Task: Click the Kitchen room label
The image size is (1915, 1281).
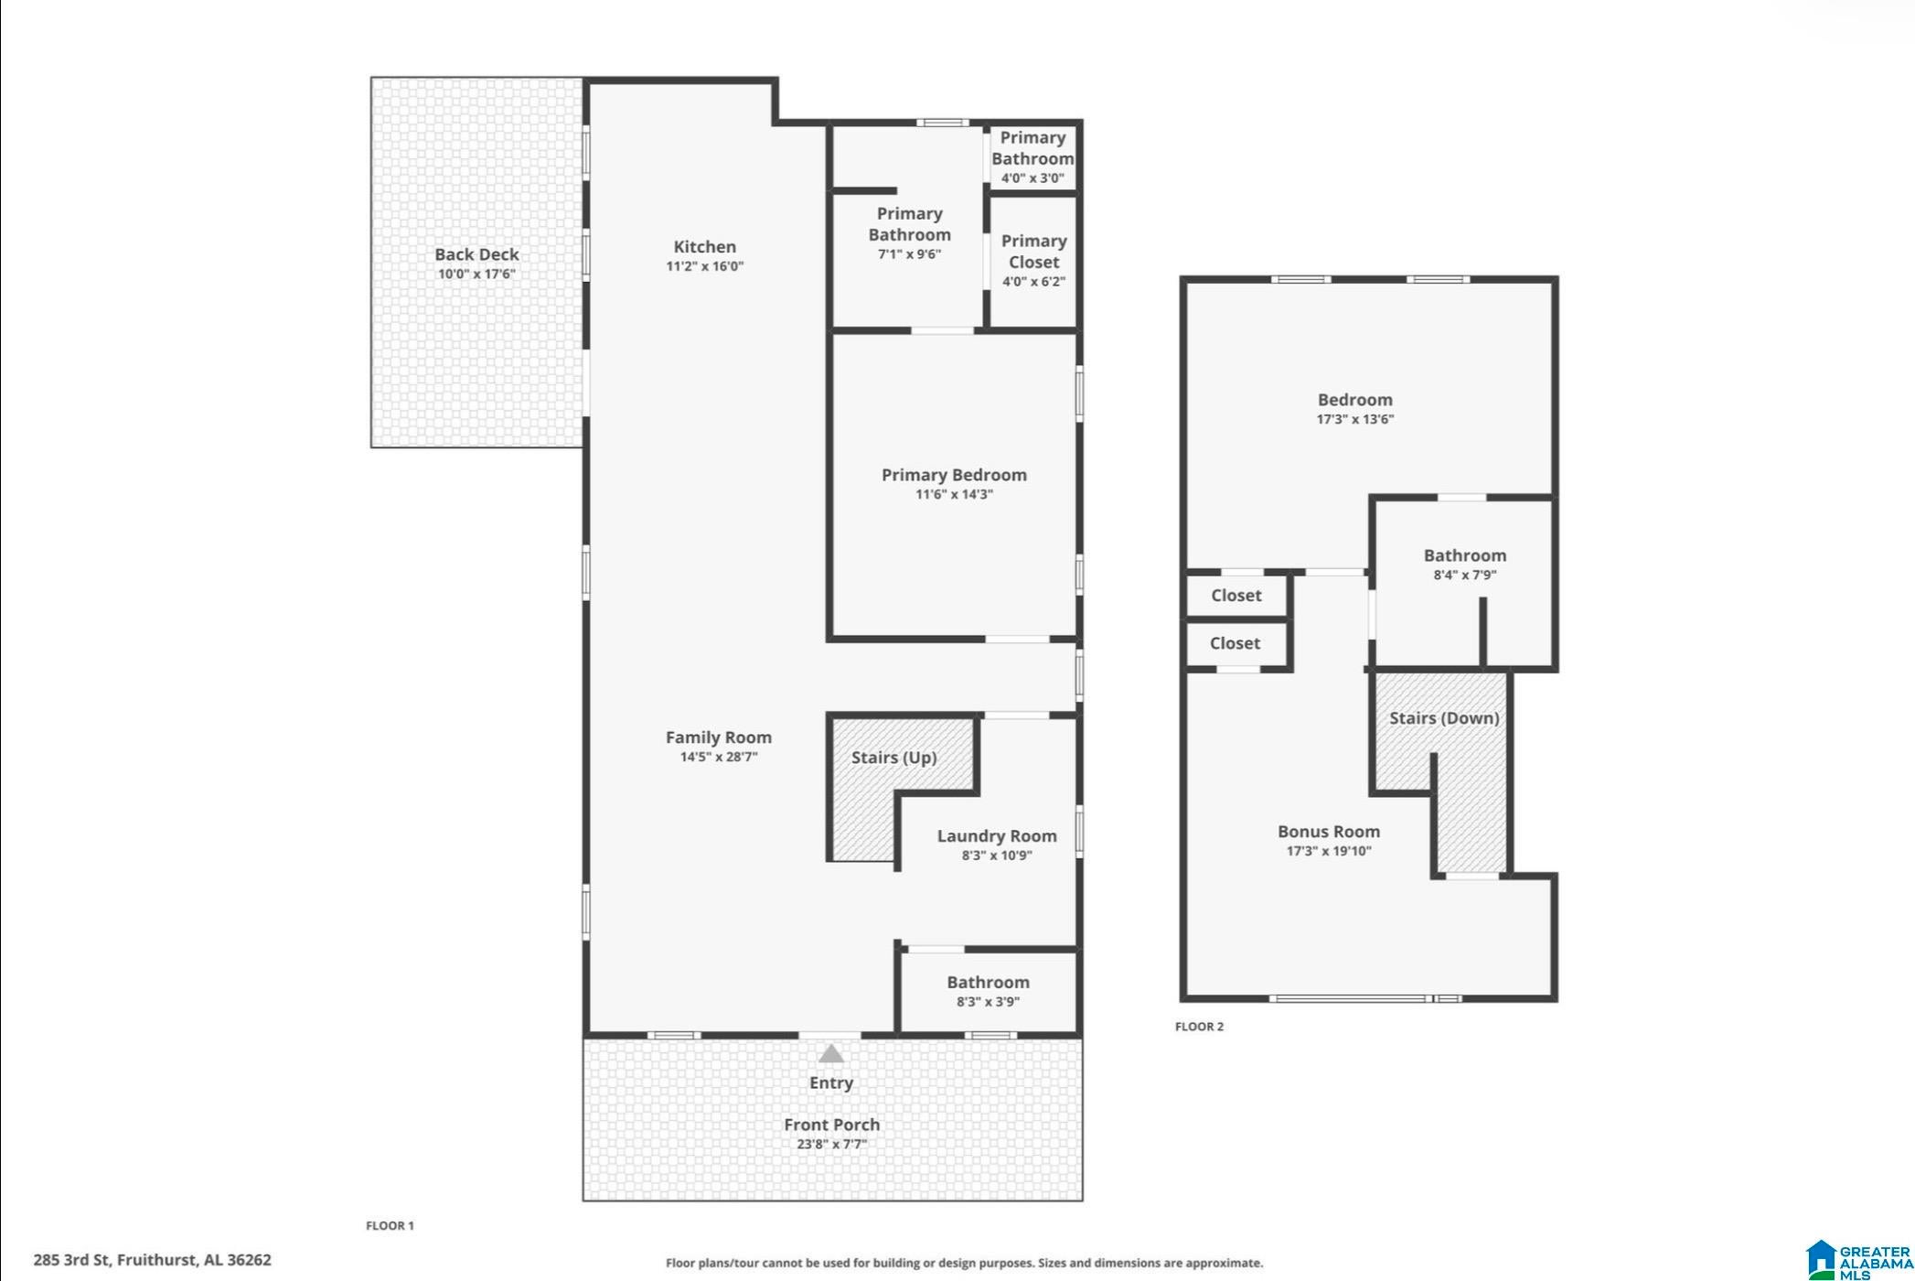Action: [704, 246]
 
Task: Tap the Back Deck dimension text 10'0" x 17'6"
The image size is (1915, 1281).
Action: [476, 274]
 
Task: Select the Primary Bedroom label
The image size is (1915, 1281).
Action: [954, 475]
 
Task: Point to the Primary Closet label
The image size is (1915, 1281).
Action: [1033, 252]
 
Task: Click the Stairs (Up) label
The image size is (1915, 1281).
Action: [893, 758]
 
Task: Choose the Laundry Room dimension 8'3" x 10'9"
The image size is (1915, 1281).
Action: [996, 856]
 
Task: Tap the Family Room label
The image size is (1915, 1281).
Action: [718, 737]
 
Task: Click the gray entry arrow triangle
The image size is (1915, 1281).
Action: [830, 1053]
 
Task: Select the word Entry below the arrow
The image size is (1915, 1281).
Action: [830, 1082]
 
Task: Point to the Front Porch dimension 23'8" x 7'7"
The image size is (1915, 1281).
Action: [830, 1144]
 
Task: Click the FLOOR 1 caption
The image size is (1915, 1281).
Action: [390, 1225]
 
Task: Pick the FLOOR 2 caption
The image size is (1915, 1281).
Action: [1199, 1027]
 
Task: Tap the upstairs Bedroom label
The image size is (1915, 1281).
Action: [1354, 400]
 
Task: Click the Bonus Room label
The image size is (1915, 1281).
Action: [1328, 832]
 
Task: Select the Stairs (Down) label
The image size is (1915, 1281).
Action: [1444, 718]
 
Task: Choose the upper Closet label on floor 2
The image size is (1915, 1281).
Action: [1236, 596]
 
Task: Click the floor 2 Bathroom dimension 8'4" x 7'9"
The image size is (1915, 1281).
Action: [1464, 575]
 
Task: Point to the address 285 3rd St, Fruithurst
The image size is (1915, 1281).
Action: [152, 1260]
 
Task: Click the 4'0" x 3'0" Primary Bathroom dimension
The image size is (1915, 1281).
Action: [1032, 178]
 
